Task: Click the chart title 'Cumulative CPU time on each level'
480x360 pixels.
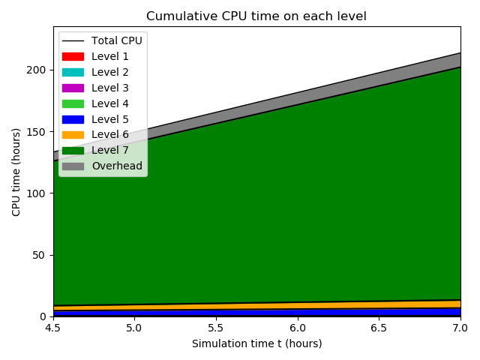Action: click(256, 16)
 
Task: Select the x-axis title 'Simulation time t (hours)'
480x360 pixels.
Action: click(256, 343)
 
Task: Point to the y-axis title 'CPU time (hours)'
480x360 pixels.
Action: click(16, 172)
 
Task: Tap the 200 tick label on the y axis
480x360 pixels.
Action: click(37, 70)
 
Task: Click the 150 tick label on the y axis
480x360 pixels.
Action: click(37, 131)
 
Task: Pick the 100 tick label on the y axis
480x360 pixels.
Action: click(37, 193)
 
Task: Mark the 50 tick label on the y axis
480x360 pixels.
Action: click(40, 255)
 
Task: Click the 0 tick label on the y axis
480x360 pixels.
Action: click(43, 316)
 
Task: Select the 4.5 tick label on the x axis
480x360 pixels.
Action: click(53, 328)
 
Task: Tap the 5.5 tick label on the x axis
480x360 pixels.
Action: click(216, 328)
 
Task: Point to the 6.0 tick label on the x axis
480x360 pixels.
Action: click(298, 328)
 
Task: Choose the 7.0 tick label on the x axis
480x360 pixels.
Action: click(460, 328)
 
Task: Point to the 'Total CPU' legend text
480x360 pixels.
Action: click(116, 40)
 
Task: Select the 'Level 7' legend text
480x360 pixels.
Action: click(110, 150)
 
